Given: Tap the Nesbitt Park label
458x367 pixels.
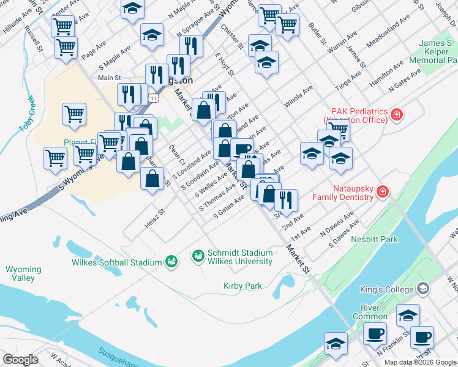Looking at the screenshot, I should point(375,239).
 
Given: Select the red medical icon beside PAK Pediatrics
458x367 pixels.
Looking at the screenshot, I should point(397,114).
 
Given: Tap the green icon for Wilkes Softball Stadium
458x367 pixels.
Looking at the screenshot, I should point(171,262).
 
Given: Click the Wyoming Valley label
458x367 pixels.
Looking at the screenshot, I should point(23,273).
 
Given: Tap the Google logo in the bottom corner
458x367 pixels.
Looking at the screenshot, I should point(20,360).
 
